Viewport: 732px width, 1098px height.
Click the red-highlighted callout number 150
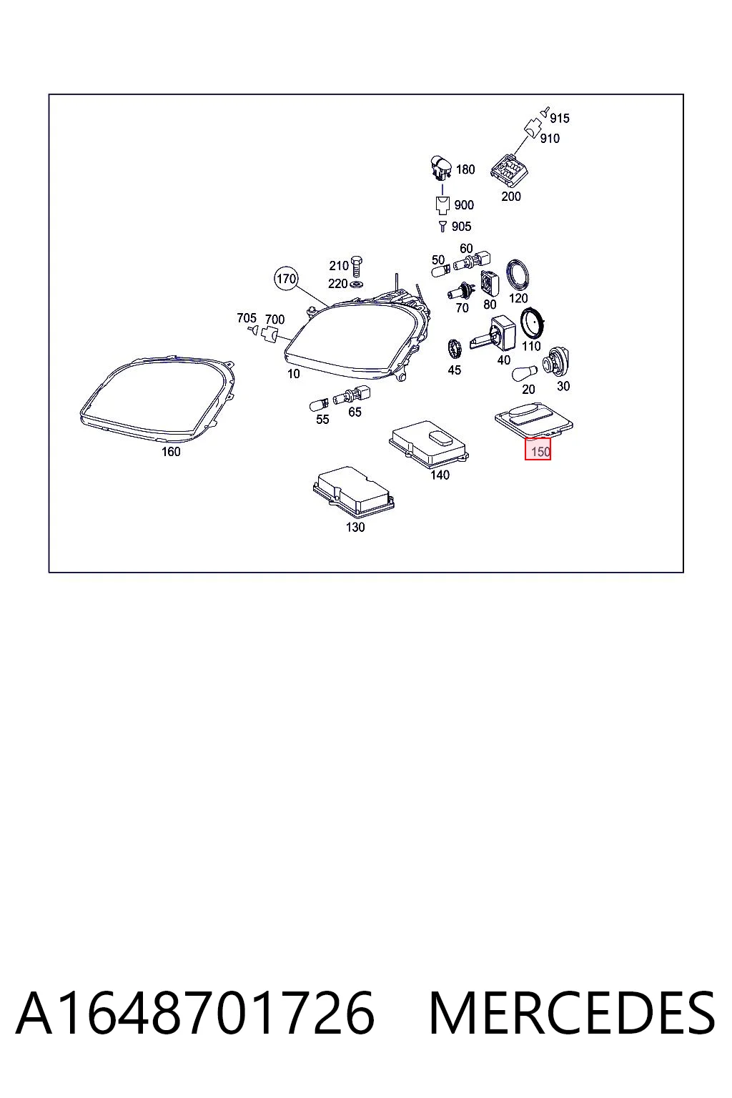click(538, 449)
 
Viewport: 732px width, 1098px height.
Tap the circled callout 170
click(286, 279)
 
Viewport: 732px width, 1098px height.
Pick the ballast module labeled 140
click(429, 442)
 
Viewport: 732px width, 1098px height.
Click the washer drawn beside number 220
click(357, 284)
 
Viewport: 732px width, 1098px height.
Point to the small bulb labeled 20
click(525, 374)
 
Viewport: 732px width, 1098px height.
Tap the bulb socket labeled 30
click(555, 362)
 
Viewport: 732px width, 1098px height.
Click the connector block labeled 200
click(510, 170)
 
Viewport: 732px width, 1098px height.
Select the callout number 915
click(560, 118)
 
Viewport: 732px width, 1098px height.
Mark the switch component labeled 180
click(440, 168)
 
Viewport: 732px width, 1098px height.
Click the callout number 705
click(247, 318)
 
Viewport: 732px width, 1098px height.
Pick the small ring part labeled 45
click(456, 349)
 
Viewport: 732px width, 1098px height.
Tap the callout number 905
click(461, 227)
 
